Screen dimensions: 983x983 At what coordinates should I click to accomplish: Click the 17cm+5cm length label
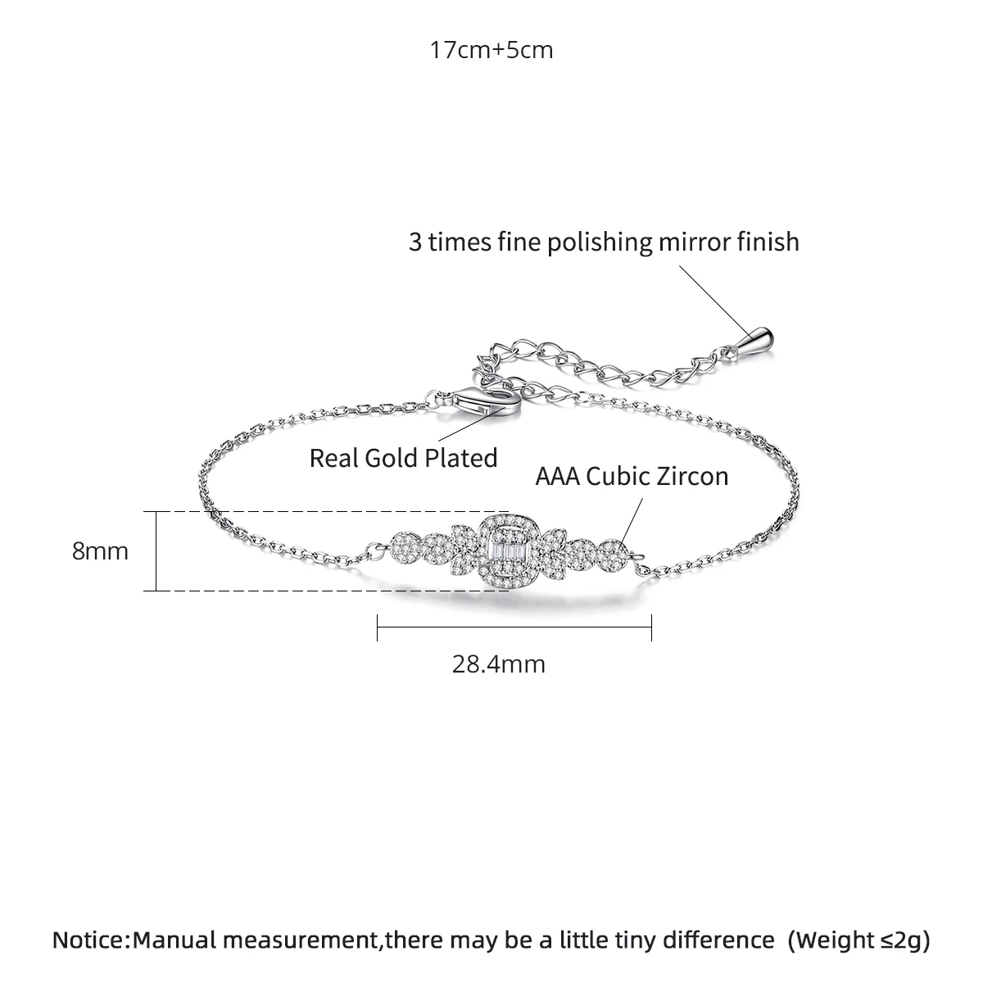click(491, 50)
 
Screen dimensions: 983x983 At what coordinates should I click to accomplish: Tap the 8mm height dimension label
click(100, 550)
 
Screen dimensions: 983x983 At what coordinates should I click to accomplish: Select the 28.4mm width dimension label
click(498, 663)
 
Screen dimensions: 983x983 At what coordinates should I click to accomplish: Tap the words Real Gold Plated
click(403, 457)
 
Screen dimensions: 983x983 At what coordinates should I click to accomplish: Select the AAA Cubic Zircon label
click(632, 476)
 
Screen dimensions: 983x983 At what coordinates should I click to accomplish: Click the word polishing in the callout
click(587, 242)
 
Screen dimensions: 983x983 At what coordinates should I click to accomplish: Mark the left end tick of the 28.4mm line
click(377, 628)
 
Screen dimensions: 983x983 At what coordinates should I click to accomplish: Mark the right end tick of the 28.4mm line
click(650, 628)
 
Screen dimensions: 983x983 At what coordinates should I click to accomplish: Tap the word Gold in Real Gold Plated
click(392, 457)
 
